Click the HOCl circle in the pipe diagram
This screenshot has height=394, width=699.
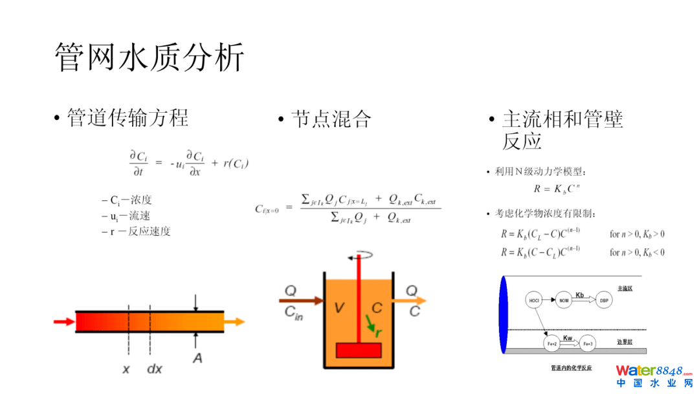point(533,300)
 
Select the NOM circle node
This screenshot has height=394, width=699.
point(564,300)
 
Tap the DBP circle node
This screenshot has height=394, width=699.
point(605,300)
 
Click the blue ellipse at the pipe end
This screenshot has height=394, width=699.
point(503,314)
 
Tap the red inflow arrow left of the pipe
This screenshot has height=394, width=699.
point(63,321)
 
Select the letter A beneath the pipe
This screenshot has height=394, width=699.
point(197,358)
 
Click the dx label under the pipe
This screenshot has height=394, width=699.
point(154,369)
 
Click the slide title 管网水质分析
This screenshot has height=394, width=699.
point(150,58)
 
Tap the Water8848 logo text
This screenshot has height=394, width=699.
point(649,371)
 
